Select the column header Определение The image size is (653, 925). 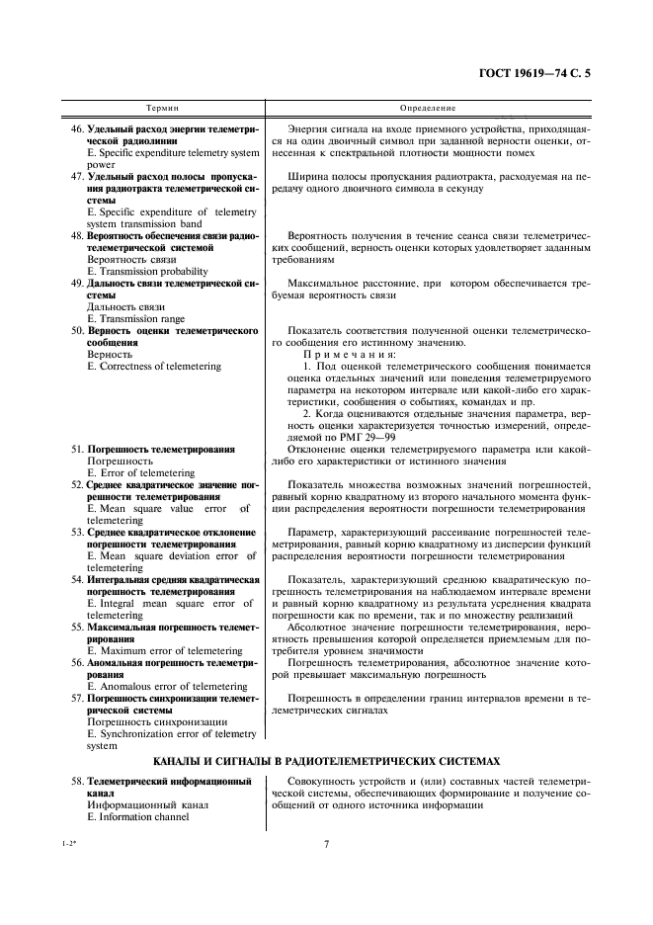click(x=427, y=107)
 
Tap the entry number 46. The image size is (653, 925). click(x=77, y=129)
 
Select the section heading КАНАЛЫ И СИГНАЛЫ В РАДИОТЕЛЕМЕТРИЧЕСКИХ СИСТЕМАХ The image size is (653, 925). click(x=327, y=761)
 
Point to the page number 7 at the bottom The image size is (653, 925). click(x=325, y=873)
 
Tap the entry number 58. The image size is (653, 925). click(x=77, y=781)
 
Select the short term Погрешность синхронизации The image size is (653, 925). click(x=150, y=721)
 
